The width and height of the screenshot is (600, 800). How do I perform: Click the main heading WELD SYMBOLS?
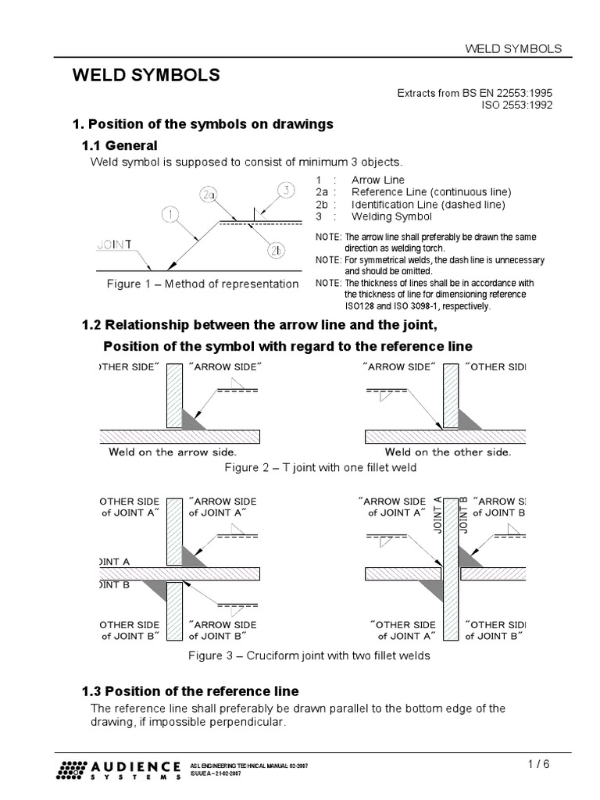click(x=146, y=75)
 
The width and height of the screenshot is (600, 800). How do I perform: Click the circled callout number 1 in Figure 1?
click(x=172, y=213)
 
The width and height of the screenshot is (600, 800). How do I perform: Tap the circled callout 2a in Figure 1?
click(x=209, y=195)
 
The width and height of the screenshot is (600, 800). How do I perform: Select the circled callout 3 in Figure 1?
click(x=287, y=190)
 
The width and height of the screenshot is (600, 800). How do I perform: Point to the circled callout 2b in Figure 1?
click(x=278, y=250)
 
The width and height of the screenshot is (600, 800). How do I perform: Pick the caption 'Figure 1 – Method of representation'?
click(x=202, y=284)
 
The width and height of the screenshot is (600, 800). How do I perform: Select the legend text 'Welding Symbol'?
click(x=391, y=216)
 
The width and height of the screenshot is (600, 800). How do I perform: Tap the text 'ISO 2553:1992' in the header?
click(x=516, y=105)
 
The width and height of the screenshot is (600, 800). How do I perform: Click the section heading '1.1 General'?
click(x=120, y=145)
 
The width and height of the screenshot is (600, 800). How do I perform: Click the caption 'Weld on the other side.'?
click(x=448, y=452)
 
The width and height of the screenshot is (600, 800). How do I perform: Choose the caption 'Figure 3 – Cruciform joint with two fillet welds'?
click(x=309, y=655)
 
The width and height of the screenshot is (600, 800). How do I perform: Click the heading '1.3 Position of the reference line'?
click(x=191, y=691)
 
